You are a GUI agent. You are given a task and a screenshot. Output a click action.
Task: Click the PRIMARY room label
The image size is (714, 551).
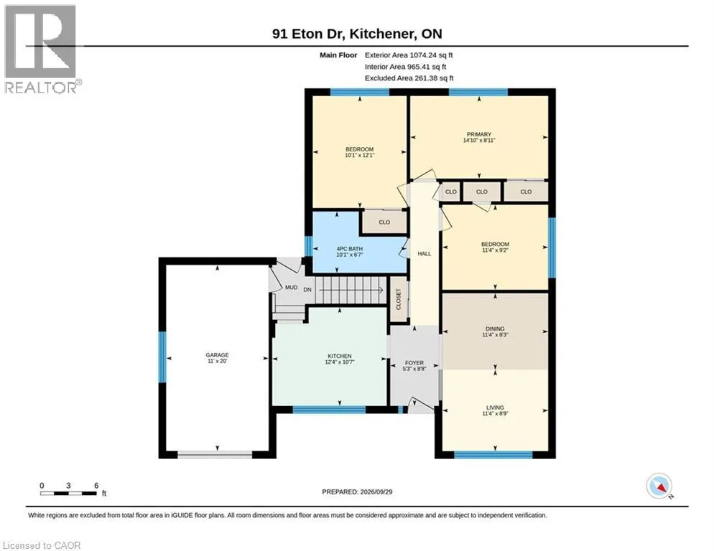coord(479,134)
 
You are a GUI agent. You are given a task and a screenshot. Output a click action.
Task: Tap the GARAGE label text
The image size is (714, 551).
coord(217,355)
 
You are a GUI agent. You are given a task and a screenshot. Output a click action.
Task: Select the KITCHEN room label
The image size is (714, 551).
coord(340,356)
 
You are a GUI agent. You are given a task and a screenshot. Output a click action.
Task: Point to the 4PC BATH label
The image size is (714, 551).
coord(350,249)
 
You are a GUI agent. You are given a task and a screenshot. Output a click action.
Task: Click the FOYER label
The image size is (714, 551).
coord(414,363)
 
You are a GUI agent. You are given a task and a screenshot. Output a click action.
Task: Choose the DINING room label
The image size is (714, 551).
coord(495,329)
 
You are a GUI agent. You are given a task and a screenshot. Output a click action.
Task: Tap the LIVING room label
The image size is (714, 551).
coord(495,408)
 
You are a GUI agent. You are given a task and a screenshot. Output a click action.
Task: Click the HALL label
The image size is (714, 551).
coord(425,253)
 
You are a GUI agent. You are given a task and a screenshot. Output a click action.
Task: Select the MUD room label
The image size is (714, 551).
coord(292,287)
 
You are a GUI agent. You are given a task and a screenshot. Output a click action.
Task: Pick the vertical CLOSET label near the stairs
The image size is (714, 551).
coord(399,299)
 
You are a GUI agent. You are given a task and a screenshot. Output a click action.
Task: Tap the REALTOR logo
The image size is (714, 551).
coord(42,49)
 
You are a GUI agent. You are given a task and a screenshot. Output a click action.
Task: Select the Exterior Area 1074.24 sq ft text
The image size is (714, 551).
coord(409,55)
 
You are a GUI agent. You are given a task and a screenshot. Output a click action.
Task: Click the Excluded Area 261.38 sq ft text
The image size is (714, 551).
coord(409,77)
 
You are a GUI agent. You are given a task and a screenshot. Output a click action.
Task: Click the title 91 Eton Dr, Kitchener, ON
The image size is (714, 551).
coord(357,34)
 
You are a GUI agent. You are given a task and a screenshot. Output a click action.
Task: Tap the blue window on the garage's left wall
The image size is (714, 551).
coord(162,357)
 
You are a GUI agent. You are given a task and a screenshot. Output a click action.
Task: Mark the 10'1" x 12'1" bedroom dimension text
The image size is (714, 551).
coord(360,155)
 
